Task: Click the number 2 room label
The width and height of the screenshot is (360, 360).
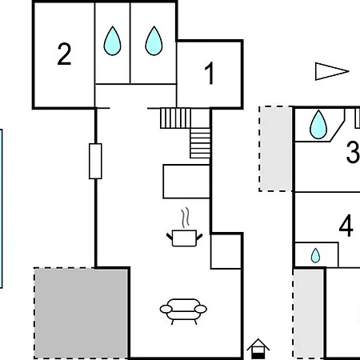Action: point(64,54)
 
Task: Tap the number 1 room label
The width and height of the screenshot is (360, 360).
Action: point(210,73)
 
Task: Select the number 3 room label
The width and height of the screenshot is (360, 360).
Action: point(353,152)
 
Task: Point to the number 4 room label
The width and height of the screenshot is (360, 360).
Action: point(346,226)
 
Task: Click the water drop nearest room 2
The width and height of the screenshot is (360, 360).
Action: point(112,41)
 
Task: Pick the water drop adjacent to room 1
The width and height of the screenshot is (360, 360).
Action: point(154,41)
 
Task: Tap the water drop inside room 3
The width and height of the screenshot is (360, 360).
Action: point(318,125)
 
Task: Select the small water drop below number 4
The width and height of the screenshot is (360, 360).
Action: point(315,255)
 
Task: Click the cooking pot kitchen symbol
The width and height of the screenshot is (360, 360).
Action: point(185,238)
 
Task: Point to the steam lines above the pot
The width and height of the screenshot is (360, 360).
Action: point(186,218)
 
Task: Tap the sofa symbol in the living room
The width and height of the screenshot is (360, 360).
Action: point(183,311)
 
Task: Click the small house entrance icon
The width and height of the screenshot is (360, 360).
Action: point(258,349)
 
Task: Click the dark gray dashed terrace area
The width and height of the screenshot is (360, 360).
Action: point(81,313)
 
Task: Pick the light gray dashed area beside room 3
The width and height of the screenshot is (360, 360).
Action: point(276,149)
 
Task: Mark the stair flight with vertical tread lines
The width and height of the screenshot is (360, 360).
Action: point(175,118)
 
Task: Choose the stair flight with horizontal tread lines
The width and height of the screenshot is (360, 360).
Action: point(200,143)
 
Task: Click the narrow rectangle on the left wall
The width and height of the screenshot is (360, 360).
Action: point(95,161)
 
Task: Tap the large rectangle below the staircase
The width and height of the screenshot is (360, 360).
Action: point(186,182)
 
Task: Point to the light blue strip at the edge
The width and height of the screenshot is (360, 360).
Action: point(1,209)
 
